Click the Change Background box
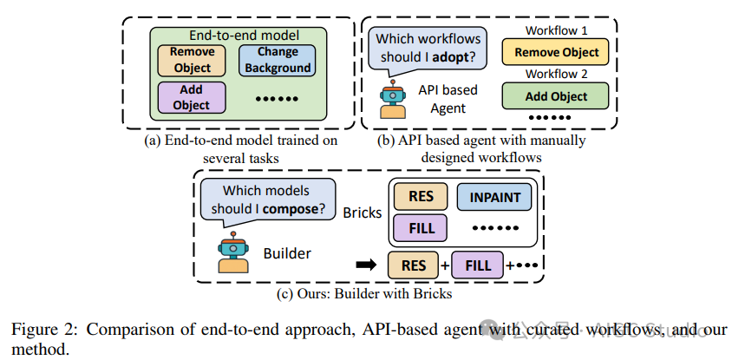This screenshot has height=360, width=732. pyautogui.click(x=278, y=60)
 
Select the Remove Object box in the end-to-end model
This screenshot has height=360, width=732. pyautogui.click(x=192, y=59)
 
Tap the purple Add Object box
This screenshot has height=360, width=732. pyautogui.click(x=192, y=97)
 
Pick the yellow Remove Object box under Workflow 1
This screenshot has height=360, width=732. pyautogui.click(x=557, y=52)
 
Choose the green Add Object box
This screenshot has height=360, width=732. pyautogui.click(x=557, y=96)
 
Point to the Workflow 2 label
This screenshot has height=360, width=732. pyautogui.click(x=557, y=75)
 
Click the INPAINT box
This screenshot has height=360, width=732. pyautogui.click(x=496, y=197)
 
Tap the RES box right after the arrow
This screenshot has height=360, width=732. pyautogui.click(x=413, y=264)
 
